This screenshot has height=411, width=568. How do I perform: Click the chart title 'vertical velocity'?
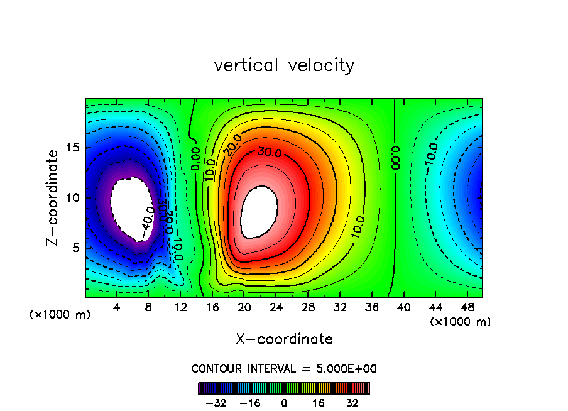(284, 65)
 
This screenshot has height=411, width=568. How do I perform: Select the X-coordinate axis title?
(284, 339)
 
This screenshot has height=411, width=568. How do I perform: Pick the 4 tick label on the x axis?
(117, 308)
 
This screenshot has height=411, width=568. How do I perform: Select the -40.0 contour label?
(146, 222)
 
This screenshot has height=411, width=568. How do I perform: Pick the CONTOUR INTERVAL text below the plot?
(284, 368)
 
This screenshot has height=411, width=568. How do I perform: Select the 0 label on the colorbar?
(284, 403)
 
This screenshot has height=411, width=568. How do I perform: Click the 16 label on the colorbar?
(319, 403)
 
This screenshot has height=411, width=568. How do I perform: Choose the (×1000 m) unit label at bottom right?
(460, 322)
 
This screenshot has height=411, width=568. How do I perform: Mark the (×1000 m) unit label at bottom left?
(60, 315)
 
